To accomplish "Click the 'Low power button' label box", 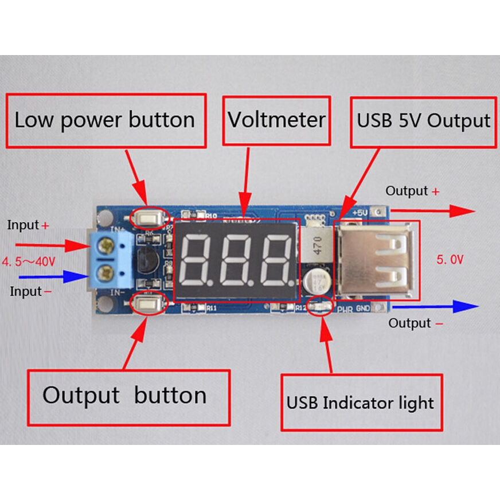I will (105, 120).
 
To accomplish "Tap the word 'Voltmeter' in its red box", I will (276, 120).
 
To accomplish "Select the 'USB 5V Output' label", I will (423, 121).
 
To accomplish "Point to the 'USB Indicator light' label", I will (361, 402).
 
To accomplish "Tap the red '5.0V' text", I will (450, 260).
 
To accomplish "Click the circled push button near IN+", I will (148, 217).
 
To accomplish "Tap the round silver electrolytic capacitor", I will (317, 280).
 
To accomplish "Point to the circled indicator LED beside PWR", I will (319, 307).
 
